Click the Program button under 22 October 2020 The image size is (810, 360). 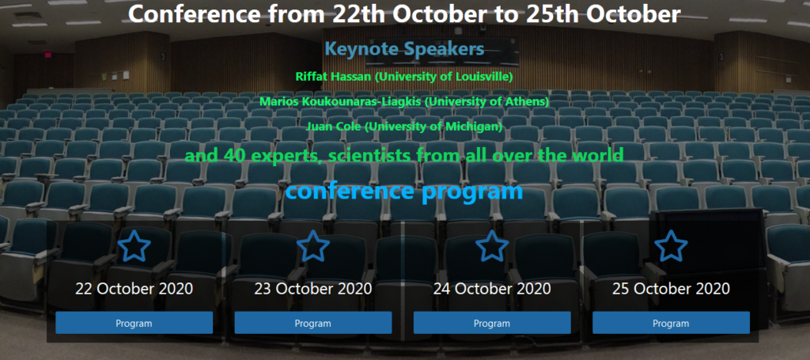pyautogui.click(x=134, y=323)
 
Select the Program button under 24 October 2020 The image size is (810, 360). pyautogui.click(x=492, y=323)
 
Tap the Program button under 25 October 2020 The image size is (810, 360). pyautogui.click(x=671, y=323)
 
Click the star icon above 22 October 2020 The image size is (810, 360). pyautogui.click(x=134, y=246)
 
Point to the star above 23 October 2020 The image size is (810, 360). pyautogui.click(x=313, y=246)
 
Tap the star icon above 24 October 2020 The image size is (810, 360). pyautogui.click(x=492, y=246)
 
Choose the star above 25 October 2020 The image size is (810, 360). pyautogui.click(x=671, y=246)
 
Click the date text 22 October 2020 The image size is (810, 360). pyautogui.click(x=134, y=288)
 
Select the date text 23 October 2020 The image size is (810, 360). pyautogui.click(x=313, y=288)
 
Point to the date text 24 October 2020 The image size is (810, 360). pyautogui.click(x=492, y=288)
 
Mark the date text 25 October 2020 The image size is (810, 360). pyautogui.click(x=671, y=288)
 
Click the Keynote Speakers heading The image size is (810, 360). pyautogui.click(x=404, y=50)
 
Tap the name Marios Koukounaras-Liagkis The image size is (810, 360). pyautogui.click(x=340, y=102)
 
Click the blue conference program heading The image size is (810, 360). pyautogui.click(x=404, y=191)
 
